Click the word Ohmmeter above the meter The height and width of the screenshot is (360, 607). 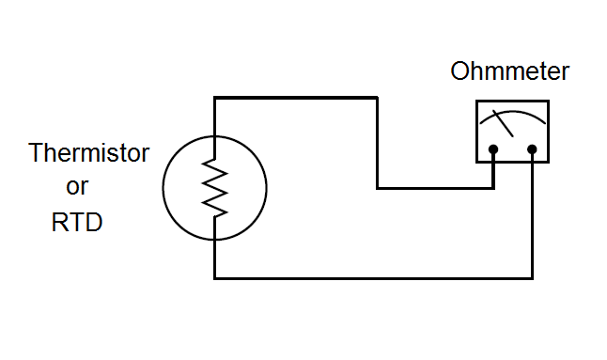click(510, 71)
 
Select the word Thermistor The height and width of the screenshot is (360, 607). click(89, 152)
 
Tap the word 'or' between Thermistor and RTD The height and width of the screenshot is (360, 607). click(77, 187)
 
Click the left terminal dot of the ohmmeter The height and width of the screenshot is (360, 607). click(493, 149)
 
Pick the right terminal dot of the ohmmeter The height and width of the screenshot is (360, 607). click(532, 149)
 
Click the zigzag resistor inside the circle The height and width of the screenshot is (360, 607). click(215, 186)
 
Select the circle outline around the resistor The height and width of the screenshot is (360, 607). click(163, 186)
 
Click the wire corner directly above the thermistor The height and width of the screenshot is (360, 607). click(215, 97)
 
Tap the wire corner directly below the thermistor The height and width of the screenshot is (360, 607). click(215, 278)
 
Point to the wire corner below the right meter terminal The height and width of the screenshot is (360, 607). click(533, 278)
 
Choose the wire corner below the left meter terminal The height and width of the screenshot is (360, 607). click(493, 188)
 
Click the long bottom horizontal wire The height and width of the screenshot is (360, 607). click(376, 278)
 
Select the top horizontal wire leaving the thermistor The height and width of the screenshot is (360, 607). click(296, 97)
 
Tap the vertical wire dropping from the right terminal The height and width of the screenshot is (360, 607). click(533, 216)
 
